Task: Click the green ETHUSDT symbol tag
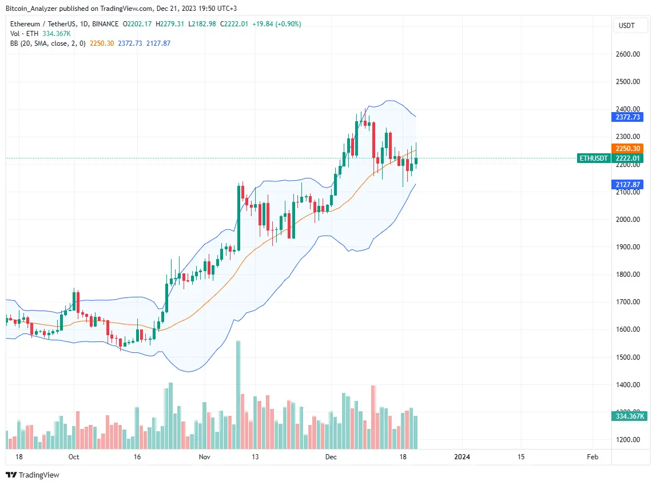[x=594, y=158]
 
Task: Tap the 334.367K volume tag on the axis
[x=628, y=416]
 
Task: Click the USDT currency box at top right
[x=627, y=26]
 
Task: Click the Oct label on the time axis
[x=73, y=457]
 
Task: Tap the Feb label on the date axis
[x=593, y=457]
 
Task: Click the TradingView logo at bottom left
[x=33, y=475]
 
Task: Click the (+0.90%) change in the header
[x=288, y=24]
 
